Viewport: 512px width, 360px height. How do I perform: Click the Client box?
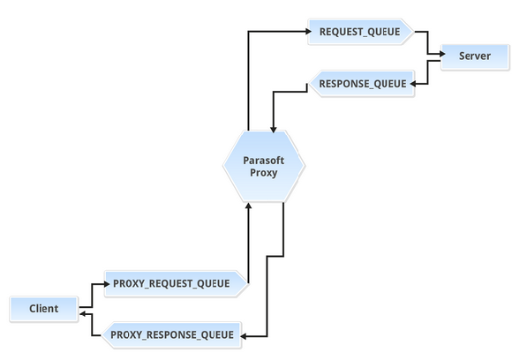44,309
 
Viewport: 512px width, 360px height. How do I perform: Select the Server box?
475,56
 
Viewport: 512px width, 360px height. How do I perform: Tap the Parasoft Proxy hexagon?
264,166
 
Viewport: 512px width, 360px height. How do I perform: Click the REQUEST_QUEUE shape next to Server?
360,32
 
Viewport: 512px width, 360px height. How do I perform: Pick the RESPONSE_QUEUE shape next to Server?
361,84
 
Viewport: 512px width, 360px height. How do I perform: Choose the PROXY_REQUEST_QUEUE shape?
177,283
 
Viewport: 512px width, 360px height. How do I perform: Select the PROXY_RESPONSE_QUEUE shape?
171,335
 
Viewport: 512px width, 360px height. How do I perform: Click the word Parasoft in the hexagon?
264,161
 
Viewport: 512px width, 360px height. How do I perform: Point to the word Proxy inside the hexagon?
264,173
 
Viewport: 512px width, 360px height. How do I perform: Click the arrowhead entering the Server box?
442,54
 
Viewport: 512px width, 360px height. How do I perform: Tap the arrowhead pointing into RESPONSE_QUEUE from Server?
413,84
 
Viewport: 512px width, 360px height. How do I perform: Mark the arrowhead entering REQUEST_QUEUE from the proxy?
309,32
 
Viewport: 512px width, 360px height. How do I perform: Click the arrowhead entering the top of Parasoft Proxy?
274,130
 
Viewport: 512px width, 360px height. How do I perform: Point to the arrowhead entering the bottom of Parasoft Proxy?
248,206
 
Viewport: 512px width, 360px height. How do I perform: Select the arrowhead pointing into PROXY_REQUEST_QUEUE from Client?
107,284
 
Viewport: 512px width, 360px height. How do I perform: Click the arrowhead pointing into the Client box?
83,314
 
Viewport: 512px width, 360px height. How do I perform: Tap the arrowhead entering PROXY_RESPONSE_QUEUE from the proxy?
244,336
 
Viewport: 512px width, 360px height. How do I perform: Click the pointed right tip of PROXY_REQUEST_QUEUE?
249,283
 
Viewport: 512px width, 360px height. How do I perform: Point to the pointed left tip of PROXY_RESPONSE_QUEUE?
102,335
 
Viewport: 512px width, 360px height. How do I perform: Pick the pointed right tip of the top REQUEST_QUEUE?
413,32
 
